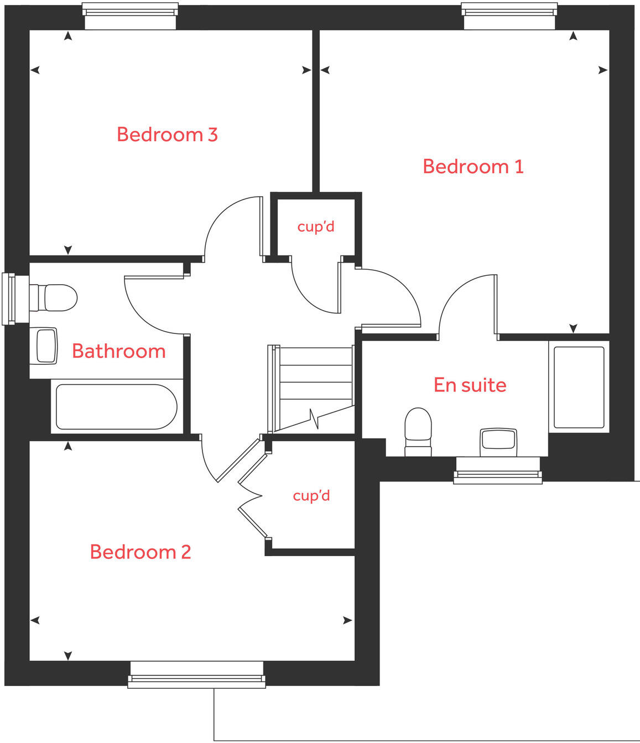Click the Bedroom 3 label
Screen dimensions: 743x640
pos(167,134)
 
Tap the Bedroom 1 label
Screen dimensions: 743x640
pos(473,166)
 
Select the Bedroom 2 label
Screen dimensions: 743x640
pos(141,552)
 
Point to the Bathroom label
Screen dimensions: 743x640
pos(119,351)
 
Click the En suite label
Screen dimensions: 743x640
pos(470,385)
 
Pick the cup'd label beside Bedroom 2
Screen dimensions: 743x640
pos(311,495)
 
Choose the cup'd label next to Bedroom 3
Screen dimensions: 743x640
pos(316,227)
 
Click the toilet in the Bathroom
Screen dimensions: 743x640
pos(54,298)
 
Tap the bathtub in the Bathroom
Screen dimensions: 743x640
pos(116,407)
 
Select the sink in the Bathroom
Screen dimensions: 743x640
pos(46,346)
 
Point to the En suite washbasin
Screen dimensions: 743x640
pos(498,441)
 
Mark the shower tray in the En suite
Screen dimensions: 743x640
pos(579,387)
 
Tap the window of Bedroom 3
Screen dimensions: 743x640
pos(130,15)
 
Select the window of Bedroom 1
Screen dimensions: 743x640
pos(509,15)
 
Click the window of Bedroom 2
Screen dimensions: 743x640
pos(196,674)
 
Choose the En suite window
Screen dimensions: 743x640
pos(497,470)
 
